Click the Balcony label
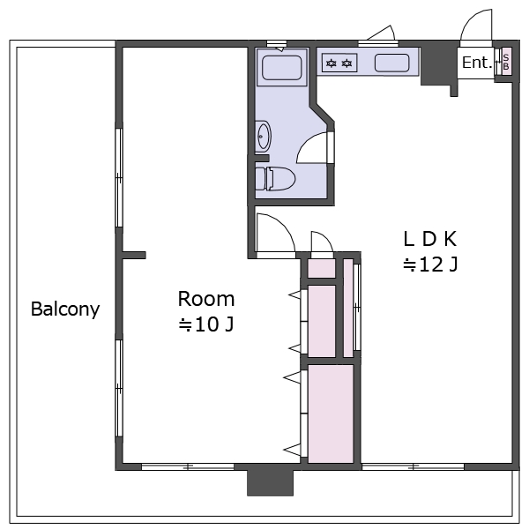(65, 309)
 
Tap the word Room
(206, 299)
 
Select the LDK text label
(430, 239)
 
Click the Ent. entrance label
(477, 63)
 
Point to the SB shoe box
(506, 62)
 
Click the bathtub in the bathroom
(282, 68)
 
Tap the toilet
(275, 179)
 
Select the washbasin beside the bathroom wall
(263, 137)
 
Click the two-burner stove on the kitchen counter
(339, 63)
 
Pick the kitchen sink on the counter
(392, 63)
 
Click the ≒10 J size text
(206, 324)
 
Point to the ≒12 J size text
(430, 264)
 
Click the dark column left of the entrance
(438, 66)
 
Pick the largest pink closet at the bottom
(331, 414)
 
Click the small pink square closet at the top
(322, 268)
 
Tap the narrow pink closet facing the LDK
(348, 308)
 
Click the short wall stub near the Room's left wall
(134, 255)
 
